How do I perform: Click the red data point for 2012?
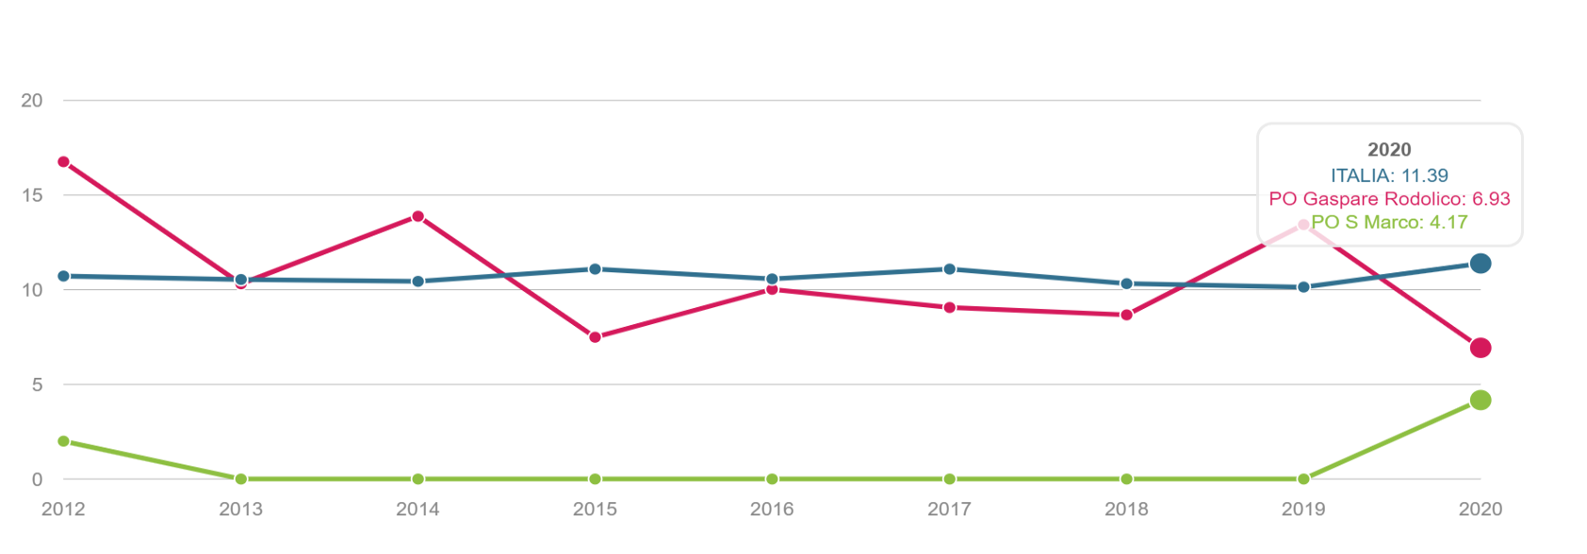[63, 162]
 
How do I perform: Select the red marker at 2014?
[417, 217]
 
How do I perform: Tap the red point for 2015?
[595, 337]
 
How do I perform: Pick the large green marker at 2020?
[1480, 400]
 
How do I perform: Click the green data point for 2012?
[63, 441]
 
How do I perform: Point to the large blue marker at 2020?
[1480, 264]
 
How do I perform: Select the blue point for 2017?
[949, 269]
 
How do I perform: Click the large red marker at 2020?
[1480, 348]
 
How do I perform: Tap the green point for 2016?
[772, 480]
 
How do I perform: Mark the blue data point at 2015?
[595, 269]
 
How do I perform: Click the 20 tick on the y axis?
[32, 101]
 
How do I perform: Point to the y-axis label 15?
[32, 196]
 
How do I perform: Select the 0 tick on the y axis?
[37, 480]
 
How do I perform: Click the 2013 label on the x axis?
[240, 510]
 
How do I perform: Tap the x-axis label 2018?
[1126, 510]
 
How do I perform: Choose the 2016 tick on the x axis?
[772, 510]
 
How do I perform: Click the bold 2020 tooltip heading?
[1389, 150]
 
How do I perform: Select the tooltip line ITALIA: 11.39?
[1389, 175]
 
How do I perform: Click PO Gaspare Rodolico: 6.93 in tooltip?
[1389, 199]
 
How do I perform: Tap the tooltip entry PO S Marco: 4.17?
[1389, 222]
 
